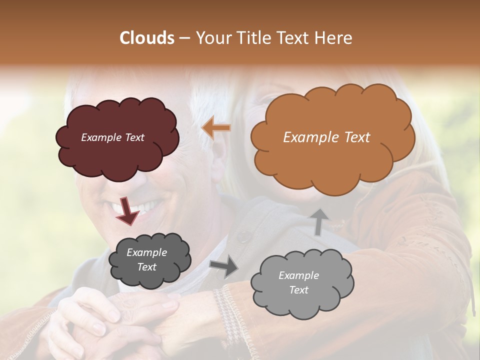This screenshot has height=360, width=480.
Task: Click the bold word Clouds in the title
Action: click(x=147, y=38)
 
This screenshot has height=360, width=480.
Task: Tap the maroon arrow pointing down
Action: click(x=127, y=210)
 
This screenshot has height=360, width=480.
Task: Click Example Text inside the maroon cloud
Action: click(x=112, y=137)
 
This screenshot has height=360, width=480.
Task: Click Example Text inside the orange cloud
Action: click(x=326, y=137)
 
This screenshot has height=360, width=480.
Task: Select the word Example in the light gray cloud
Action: click(x=298, y=275)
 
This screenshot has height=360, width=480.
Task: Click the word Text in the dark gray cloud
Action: click(x=146, y=267)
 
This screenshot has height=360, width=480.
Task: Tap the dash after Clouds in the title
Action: click(x=184, y=38)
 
